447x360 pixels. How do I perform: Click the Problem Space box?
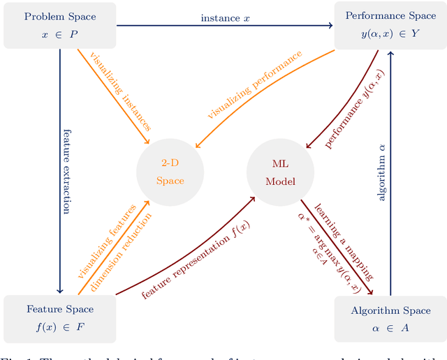(x=59, y=26)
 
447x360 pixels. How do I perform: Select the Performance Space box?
(x=389, y=26)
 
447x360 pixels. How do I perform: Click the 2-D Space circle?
(x=170, y=172)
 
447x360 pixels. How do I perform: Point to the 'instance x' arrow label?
(x=225, y=17)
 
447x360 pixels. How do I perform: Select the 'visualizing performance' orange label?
(x=256, y=84)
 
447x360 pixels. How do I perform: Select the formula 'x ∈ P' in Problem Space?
(x=59, y=34)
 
